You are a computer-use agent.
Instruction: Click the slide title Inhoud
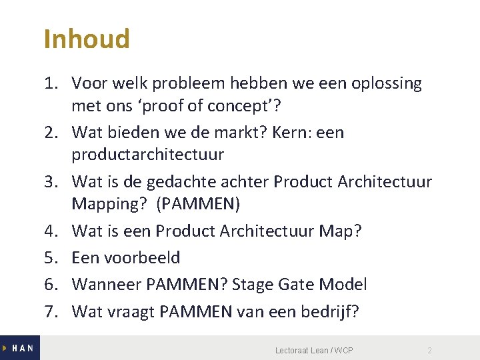[87, 39]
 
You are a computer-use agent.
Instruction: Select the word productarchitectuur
[148, 155]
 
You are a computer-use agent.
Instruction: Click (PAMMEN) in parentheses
[207, 203]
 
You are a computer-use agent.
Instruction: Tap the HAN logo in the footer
[19, 348]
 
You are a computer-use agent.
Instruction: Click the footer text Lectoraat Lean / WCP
[314, 351]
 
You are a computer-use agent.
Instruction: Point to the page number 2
[429, 351]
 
